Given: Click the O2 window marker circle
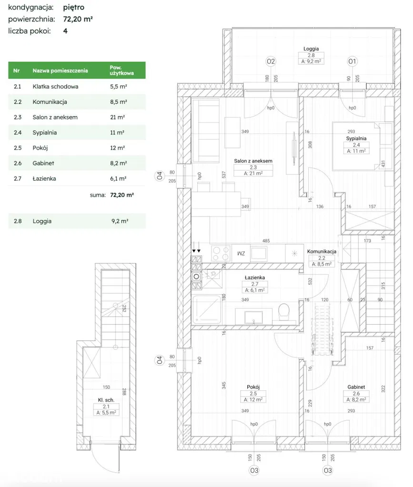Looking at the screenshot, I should (271, 61).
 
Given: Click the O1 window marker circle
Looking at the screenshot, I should (353, 61).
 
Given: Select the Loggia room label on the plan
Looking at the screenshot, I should (311, 49).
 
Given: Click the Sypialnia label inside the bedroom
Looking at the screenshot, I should (357, 139).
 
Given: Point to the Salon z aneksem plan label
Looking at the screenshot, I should (253, 161).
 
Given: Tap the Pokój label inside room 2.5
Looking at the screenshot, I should (253, 387).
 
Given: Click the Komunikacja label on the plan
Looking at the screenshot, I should (322, 251).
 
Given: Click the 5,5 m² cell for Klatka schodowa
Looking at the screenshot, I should (119, 87).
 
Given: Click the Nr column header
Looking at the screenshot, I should (17, 70).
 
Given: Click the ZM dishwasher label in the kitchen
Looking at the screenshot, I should (241, 253).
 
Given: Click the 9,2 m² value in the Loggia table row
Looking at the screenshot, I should (119, 221).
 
